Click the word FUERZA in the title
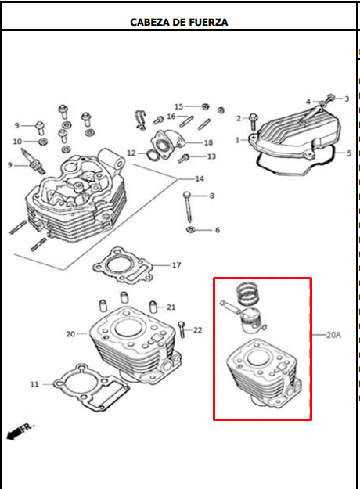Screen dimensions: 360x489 click(x=207, y=22)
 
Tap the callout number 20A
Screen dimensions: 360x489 click(x=334, y=335)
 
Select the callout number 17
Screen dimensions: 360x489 click(x=176, y=265)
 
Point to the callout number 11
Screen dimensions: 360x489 click(x=34, y=384)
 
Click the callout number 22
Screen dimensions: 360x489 click(x=198, y=330)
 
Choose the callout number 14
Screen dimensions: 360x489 click(x=200, y=178)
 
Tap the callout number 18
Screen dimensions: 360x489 click(x=208, y=142)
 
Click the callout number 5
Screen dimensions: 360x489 click(x=349, y=153)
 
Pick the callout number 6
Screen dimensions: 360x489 click(x=218, y=230)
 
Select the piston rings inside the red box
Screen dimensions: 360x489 click(x=248, y=293)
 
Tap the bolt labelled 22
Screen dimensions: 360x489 click(x=182, y=329)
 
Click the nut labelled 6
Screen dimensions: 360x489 click(x=189, y=230)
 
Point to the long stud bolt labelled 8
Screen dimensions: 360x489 click(x=188, y=207)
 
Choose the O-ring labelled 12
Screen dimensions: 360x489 click(x=152, y=154)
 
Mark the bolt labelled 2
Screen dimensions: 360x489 click(x=253, y=122)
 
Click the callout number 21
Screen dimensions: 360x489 click(x=171, y=307)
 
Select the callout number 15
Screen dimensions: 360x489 click(x=178, y=106)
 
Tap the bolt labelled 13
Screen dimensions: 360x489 click(x=184, y=158)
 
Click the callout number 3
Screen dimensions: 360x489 click(x=347, y=99)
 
